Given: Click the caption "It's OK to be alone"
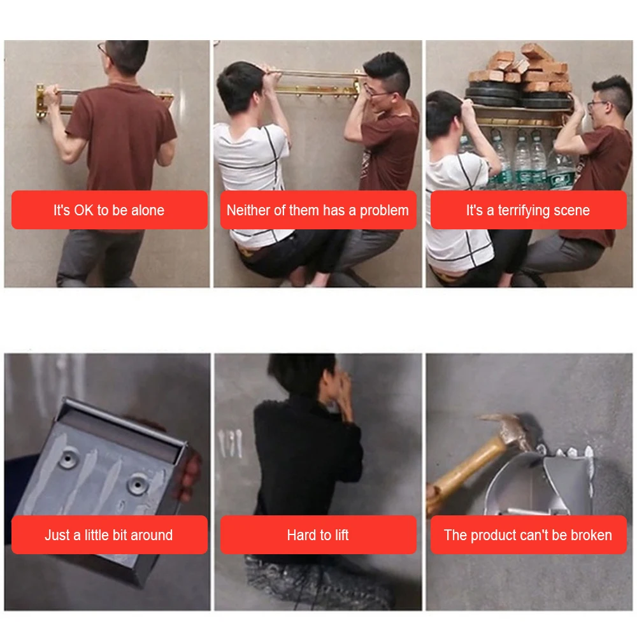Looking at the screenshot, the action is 109,210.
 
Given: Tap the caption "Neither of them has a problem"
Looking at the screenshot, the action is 318,210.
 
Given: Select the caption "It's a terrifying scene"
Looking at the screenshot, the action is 527,210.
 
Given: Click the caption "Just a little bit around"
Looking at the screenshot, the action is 109,534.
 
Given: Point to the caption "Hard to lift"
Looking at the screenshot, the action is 318,534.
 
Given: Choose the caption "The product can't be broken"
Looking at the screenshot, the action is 527,534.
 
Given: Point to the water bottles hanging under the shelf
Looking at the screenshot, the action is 524,161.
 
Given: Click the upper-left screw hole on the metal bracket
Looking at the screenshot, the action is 68,459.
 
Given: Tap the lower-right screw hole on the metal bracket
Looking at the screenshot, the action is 136,484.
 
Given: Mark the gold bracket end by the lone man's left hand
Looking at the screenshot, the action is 41,101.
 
